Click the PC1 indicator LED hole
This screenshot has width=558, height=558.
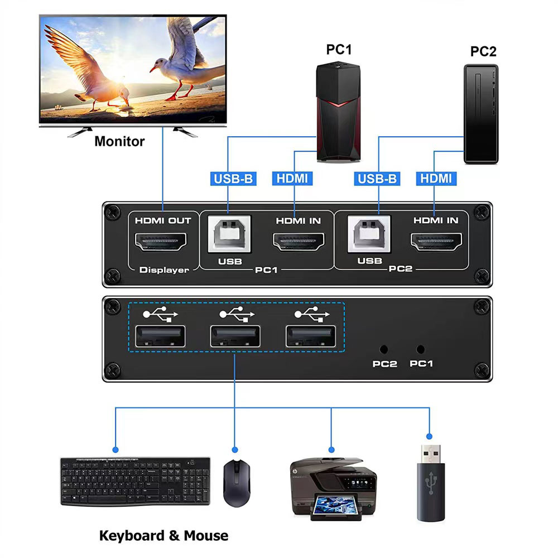point(421,349)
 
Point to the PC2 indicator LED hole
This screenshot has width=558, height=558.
point(384,349)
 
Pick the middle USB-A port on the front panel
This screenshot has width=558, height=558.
point(234,337)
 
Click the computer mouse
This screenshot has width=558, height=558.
point(234,483)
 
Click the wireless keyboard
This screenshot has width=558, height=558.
point(136,481)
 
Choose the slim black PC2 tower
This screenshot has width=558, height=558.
point(480,114)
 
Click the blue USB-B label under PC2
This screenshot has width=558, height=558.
point(377,179)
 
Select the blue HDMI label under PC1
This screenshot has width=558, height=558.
point(292,179)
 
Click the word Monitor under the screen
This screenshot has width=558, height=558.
point(119,141)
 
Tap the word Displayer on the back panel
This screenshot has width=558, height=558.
point(164,270)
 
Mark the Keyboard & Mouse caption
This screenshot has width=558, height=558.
point(163,536)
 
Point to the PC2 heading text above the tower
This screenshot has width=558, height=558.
point(483,51)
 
